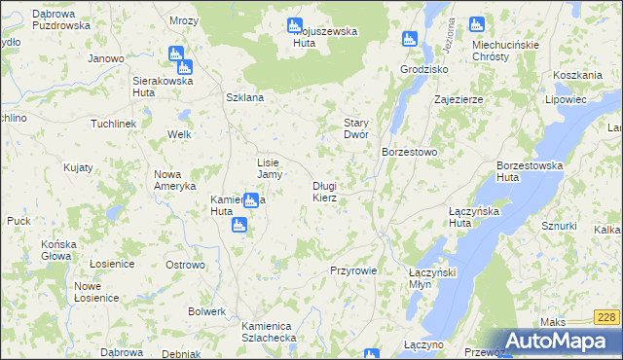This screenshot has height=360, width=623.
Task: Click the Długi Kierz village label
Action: pyautogui.click(x=325, y=192)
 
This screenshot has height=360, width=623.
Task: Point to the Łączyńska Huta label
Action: pyautogui.click(x=447, y=217)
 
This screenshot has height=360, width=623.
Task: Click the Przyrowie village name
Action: pyautogui.click(x=353, y=270)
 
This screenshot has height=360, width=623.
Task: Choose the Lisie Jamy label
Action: pyautogui.click(x=269, y=168)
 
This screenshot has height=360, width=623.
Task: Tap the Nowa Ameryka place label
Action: pyautogui.click(x=175, y=180)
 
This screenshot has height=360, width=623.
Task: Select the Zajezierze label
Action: pyautogui.click(x=459, y=99)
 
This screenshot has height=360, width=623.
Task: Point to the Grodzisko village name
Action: pyautogui.click(x=423, y=70)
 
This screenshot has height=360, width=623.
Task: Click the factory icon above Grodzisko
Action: pyautogui.click(x=409, y=40)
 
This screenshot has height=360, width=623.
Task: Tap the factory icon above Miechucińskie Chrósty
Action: pyautogui.click(x=476, y=24)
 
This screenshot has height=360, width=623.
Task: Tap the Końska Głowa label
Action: pyautogui.click(x=56, y=250)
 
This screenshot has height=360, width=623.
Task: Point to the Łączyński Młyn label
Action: pyautogui.click(x=433, y=278)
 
